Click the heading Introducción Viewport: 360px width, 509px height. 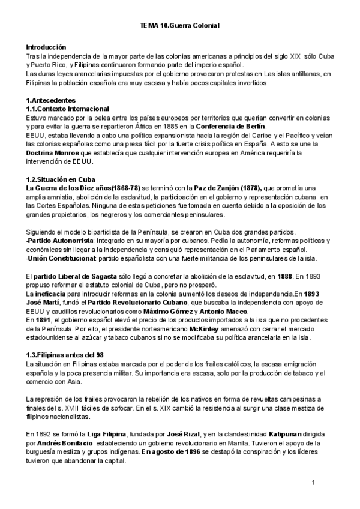click(46, 47)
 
